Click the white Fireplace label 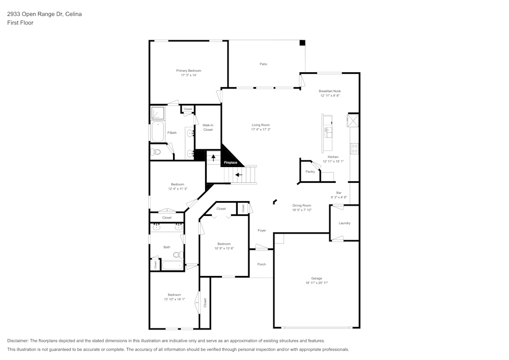pos(231,162)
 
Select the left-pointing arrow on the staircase pos(239,175)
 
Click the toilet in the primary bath pos(156,152)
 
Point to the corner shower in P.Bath pos(157,112)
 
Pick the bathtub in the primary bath pos(157,131)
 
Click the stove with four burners pos(354,149)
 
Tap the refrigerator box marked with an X pos(353,121)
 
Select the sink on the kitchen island pos(327,133)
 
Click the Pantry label pos(310,172)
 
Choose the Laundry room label pos(344,223)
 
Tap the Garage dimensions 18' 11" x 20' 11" pos(317,283)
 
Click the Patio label pos(263,64)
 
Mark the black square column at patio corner pos(302,43)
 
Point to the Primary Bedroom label pos(188,71)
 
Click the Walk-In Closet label pos(208,127)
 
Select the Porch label pos(262,264)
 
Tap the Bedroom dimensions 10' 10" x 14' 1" pos(174,299)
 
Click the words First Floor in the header pos(20,23)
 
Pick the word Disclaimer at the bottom pos(18,341)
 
